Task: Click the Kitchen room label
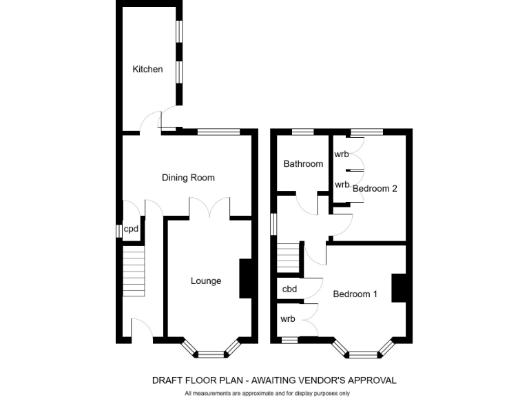(147, 69)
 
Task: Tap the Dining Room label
(188, 178)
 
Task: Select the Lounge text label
(206, 281)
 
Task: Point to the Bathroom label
(303, 164)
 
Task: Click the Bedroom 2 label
(375, 188)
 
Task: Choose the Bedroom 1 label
(355, 294)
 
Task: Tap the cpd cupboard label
(131, 230)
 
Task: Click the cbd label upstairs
(290, 289)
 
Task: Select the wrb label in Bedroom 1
(288, 319)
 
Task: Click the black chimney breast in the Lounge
(245, 278)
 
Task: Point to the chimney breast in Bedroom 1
(398, 287)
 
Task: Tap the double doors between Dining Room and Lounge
(209, 208)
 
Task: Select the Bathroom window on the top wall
(302, 131)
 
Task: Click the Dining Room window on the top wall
(219, 131)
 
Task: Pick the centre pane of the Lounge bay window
(211, 354)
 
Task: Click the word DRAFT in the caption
(167, 380)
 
